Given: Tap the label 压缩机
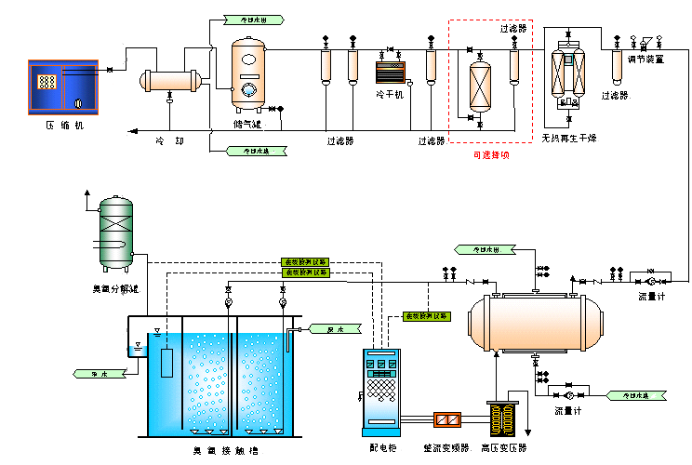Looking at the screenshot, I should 64,124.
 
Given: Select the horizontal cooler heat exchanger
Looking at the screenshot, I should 170,82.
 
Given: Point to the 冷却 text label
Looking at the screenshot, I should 169,141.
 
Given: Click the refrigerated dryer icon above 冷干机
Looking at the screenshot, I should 389,73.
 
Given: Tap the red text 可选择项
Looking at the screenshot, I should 490,155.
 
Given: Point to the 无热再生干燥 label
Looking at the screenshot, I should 569,140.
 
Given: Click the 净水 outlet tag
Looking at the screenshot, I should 96,373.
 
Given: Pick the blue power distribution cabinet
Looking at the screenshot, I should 380,392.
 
